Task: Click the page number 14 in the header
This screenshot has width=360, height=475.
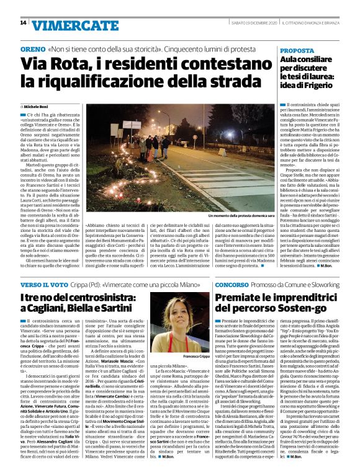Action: (23, 23)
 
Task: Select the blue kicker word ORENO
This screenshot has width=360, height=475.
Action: (32, 48)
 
